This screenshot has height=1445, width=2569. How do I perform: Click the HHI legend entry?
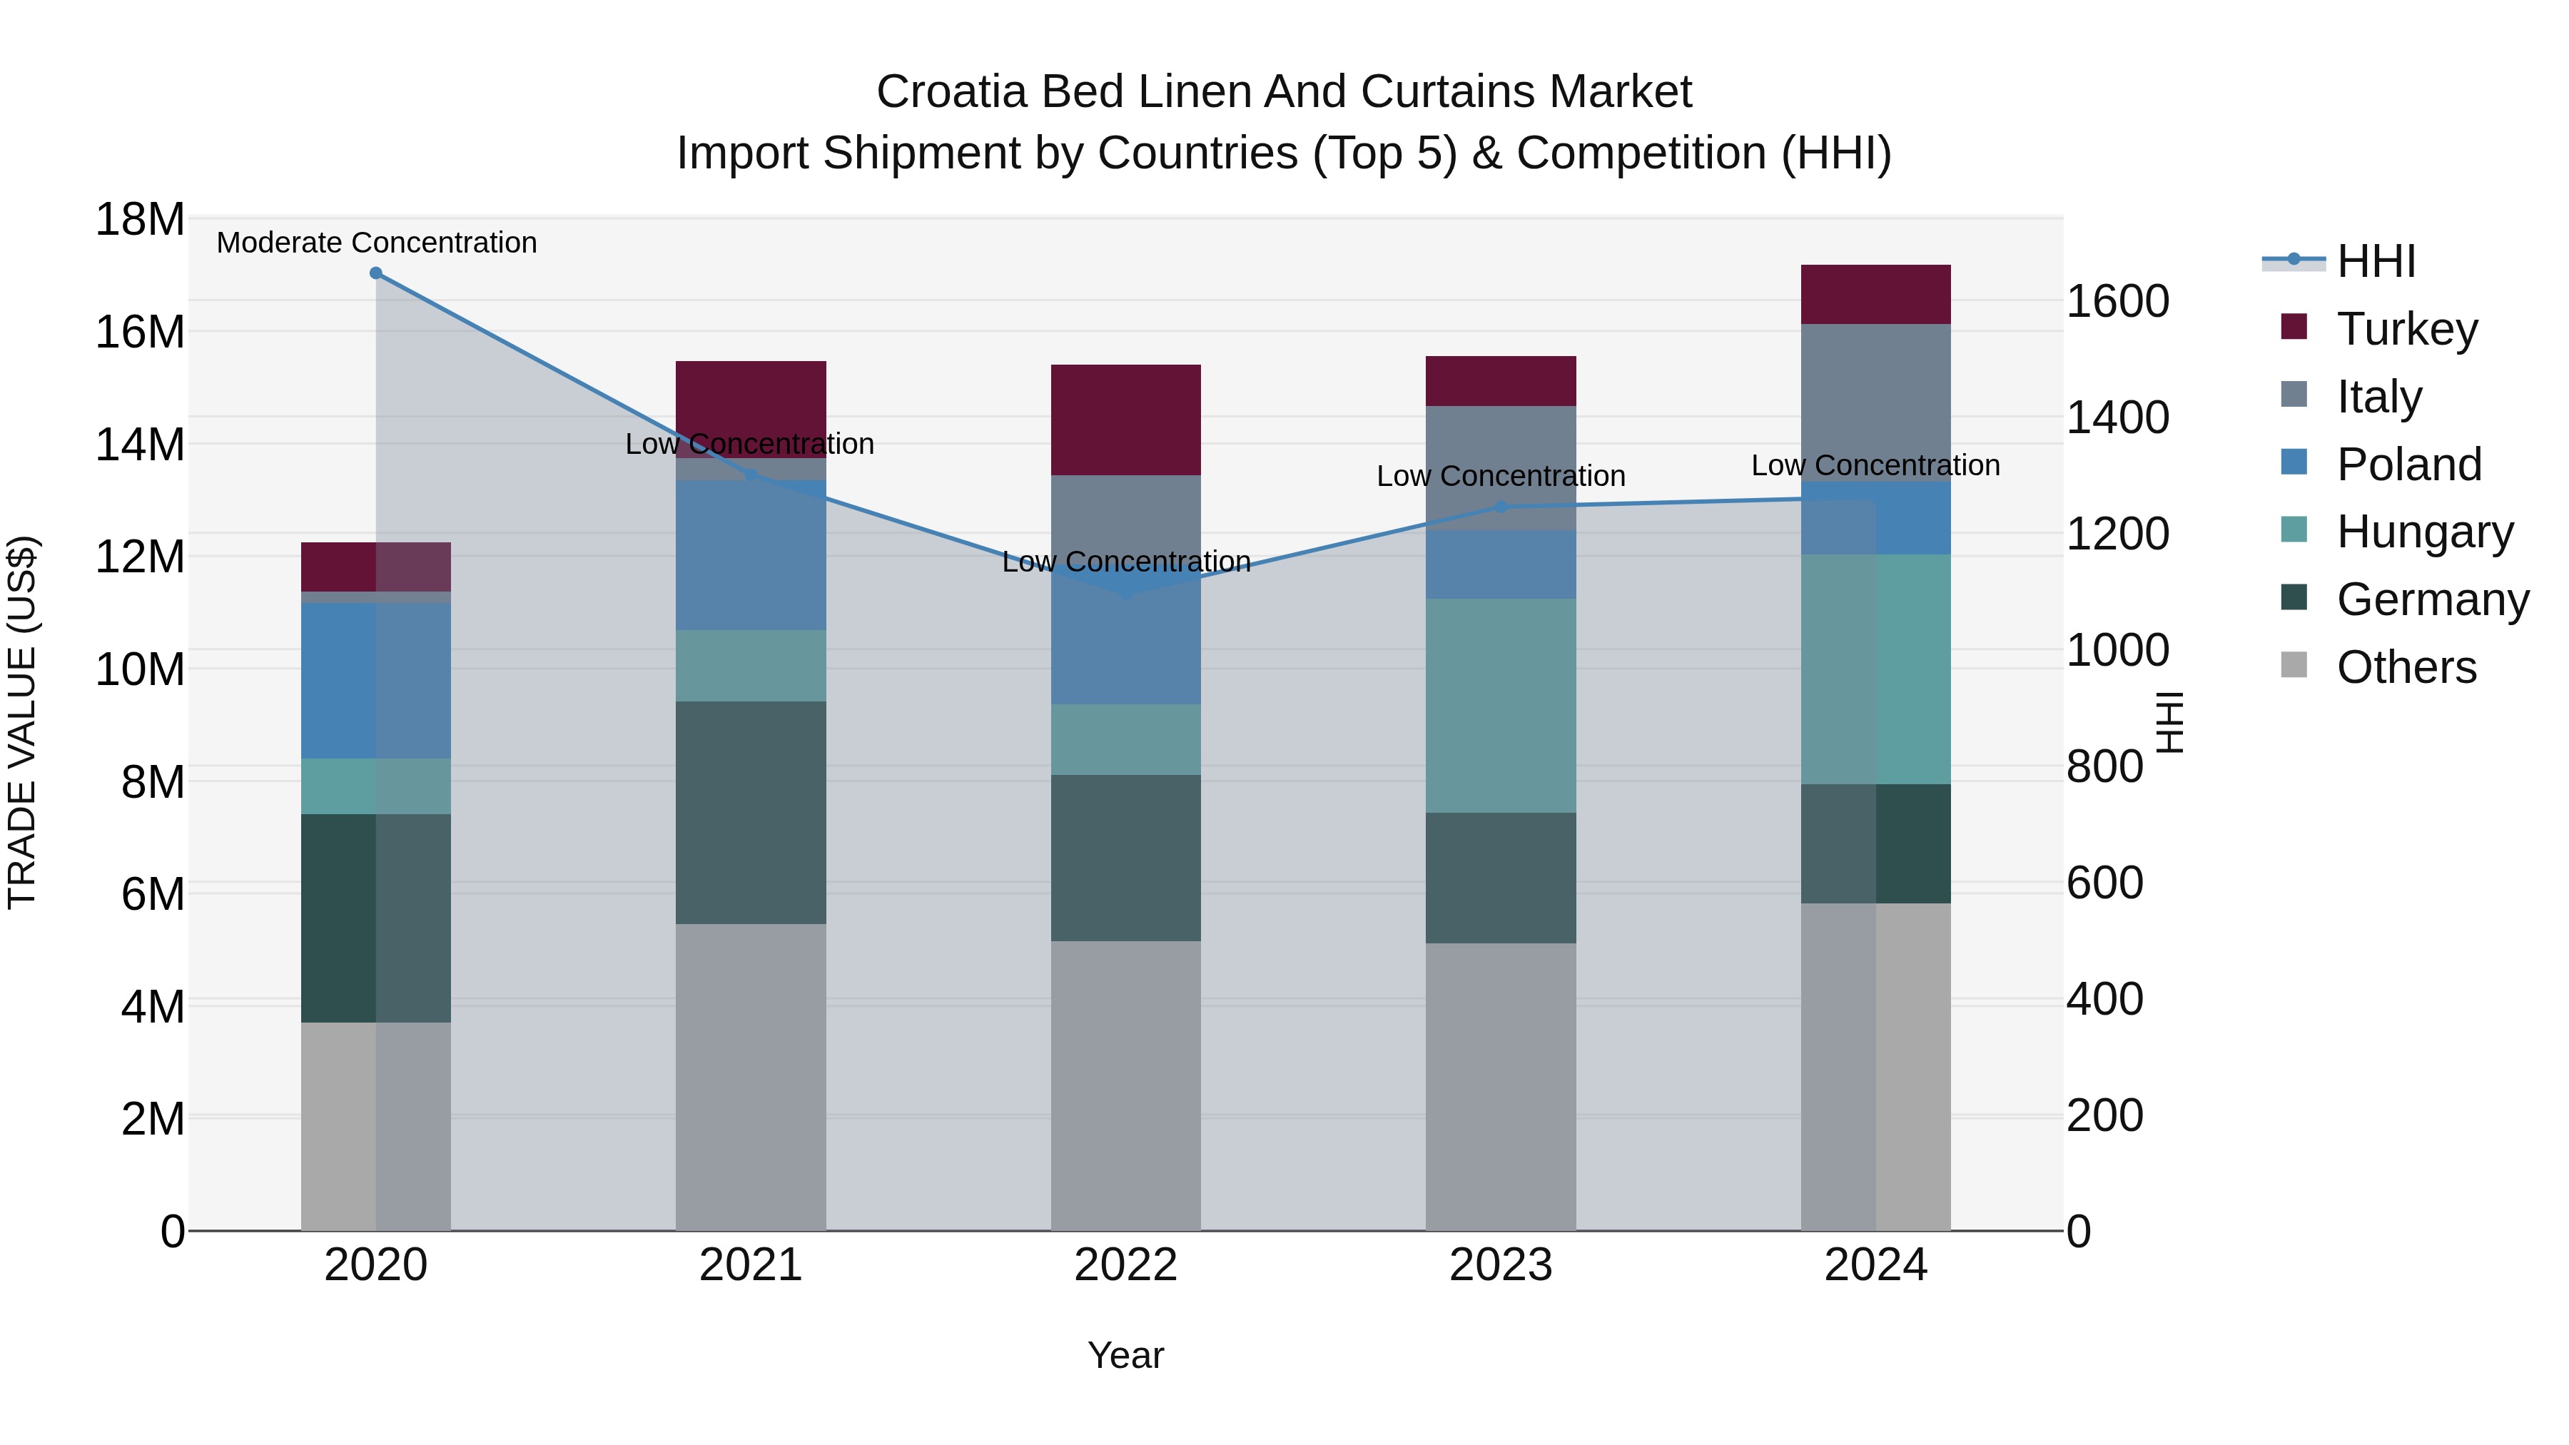(x=2374, y=261)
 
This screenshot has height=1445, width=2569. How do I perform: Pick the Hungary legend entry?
(x=2423, y=532)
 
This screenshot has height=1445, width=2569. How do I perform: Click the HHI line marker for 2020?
(x=376, y=273)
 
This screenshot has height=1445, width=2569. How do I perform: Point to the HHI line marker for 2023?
(x=1500, y=507)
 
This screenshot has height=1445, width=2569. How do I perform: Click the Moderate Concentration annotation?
(x=376, y=243)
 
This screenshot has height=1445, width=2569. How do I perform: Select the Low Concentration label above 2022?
(x=1126, y=562)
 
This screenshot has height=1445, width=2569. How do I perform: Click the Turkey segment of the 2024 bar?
(x=1875, y=294)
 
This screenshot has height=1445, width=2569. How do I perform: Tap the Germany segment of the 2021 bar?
(x=750, y=812)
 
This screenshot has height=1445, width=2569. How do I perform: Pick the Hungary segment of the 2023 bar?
(x=1500, y=705)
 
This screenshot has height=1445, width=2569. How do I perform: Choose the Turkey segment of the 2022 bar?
(x=1126, y=419)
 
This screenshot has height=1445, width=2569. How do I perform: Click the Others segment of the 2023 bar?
(x=1500, y=1086)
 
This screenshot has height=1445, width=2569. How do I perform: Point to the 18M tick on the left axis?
(x=140, y=219)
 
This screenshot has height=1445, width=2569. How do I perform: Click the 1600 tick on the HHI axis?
(x=2117, y=301)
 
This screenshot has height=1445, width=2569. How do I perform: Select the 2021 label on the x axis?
(x=750, y=1265)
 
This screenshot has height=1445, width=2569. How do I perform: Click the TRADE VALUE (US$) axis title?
(x=22, y=722)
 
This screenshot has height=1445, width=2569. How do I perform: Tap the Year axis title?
(x=1126, y=1355)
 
